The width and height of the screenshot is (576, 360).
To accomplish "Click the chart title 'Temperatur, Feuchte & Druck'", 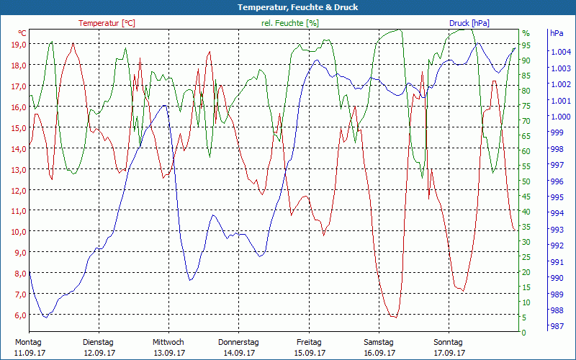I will pos(288,7).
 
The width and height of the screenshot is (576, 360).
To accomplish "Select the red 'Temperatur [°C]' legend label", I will pos(107,23).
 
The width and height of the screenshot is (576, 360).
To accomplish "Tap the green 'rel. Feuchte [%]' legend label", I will pos(289,23).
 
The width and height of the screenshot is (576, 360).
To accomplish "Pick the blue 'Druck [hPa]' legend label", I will pos(469,23).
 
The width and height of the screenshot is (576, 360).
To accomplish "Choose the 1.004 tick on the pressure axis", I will pos(561,52).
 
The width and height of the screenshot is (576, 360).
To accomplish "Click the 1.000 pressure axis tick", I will pos(561,117).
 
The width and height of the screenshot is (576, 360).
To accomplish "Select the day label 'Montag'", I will pos(28,342).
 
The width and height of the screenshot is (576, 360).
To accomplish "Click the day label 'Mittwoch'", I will pos(168,342).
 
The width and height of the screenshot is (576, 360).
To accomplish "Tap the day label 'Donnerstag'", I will pos(238,342).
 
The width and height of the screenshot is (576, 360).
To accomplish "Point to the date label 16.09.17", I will pos(379,353).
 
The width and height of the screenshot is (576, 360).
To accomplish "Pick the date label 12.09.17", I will pos(99,353).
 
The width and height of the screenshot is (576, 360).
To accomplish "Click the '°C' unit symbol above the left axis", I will pos(22,33).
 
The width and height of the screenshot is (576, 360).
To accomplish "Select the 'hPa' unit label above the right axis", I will pos(557,33).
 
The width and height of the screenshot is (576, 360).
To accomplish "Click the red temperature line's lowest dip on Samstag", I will pos(393,317).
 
